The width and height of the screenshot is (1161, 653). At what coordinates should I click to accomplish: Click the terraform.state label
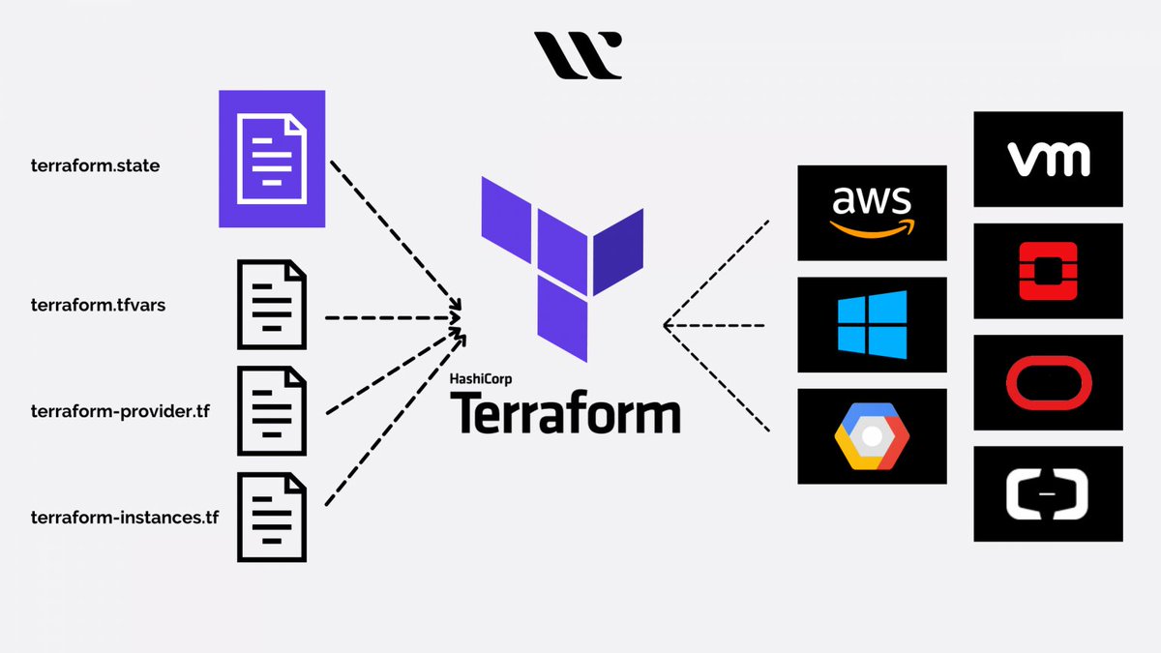(95, 165)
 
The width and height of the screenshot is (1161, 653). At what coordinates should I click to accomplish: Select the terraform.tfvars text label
(101, 306)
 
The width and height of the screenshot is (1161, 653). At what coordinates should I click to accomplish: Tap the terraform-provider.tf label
(120, 411)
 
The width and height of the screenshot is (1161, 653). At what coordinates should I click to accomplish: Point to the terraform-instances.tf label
(125, 518)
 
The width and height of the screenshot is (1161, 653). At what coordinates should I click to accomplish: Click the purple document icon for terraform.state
(272, 159)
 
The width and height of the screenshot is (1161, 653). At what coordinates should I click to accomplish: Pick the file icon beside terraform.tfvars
(272, 305)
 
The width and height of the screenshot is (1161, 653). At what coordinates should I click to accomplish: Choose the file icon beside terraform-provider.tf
(272, 411)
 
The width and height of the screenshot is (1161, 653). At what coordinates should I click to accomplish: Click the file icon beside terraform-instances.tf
(272, 517)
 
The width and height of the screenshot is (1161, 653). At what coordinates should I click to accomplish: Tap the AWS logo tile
(872, 213)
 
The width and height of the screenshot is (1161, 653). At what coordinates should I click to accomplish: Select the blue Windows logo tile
(872, 324)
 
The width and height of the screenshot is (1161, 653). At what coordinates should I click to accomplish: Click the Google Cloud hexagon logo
(872, 436)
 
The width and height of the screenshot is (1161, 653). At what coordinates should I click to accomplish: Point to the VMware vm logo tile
(1048, 159)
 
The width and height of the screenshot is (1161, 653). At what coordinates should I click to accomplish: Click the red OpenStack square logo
(1048, 270)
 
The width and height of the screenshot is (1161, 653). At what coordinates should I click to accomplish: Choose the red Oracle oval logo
(1048, 382)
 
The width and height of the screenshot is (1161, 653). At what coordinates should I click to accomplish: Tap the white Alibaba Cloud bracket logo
(1048, 493)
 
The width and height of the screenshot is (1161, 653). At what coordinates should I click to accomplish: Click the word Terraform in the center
(565, 413)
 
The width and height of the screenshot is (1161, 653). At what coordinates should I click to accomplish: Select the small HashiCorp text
(481, 380)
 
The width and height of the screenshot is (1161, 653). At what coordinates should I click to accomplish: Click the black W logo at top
(579, 55)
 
